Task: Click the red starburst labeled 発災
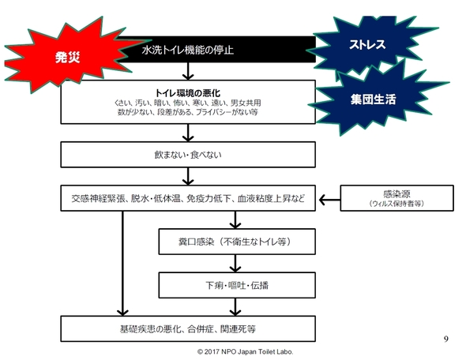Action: click(69, 56)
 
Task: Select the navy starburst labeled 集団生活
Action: click(374, 99)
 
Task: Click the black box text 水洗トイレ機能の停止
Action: click(188, 50)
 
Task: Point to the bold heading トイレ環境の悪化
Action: click(188, 93)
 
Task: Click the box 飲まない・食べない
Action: click(188, 155)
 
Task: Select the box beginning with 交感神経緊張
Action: click(188, 198)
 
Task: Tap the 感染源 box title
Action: click(396, 194)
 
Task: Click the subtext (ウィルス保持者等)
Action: click(396, 204)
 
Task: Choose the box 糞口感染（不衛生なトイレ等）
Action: click(237, 242)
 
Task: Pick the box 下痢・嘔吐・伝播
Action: click(237, 285)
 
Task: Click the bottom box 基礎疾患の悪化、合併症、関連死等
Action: click(188, 328)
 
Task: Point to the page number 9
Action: click(445, 339)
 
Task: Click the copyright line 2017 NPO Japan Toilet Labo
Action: click(246, 352)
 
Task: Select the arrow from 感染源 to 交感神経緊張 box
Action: click(329, 200)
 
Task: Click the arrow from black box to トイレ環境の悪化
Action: click(188, 71)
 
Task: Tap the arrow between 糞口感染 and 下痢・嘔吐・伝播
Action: click(235, 264)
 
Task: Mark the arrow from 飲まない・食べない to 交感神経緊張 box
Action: click(188, 176)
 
